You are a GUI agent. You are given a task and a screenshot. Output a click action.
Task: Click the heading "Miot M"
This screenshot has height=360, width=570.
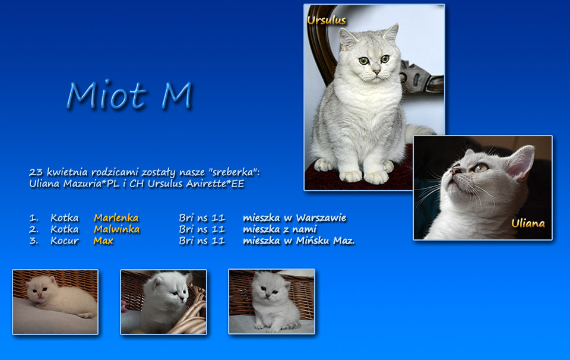(x=129, y=94)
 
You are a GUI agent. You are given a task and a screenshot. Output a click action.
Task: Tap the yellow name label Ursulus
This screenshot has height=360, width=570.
(x=327, y=20)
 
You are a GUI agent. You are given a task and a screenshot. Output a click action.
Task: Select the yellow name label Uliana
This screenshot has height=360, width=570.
(x=528, y=223)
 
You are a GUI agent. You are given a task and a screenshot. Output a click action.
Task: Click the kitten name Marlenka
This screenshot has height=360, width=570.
(x=116, y=217)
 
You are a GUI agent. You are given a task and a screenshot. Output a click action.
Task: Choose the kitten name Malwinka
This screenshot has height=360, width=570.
(x=116, y=229)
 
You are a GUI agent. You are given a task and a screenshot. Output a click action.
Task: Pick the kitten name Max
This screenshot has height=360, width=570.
(x=103, y=241)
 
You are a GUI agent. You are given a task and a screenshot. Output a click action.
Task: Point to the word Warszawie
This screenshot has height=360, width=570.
(x=321, y=218)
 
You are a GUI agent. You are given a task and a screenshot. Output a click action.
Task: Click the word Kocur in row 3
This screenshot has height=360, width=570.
(x=65, y=241)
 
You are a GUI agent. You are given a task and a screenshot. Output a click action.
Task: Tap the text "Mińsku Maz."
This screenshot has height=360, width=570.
(x=325, y=241)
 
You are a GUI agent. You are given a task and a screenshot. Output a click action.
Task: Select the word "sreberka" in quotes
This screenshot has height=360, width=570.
(x=232, y=172)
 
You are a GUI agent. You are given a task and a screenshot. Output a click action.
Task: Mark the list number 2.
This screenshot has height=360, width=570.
(x=33, y=229)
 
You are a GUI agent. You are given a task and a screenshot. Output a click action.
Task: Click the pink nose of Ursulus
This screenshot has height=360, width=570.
(x=376, y=72)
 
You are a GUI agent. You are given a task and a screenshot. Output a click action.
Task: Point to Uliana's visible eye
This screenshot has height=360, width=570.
(x=480, y=168)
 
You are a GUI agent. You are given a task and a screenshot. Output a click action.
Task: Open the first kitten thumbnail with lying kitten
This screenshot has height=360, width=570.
(x=55, y=302)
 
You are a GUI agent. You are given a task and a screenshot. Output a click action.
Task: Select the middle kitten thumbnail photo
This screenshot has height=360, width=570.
(x=164, y=302)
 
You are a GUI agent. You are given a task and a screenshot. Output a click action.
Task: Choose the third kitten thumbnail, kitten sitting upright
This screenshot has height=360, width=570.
(x=271, y=301)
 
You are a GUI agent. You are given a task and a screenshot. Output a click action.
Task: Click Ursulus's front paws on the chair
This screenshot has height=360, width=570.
(x=364, y=176)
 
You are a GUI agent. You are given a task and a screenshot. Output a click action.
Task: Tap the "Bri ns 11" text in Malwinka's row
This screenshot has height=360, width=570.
(x=202, y=229)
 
